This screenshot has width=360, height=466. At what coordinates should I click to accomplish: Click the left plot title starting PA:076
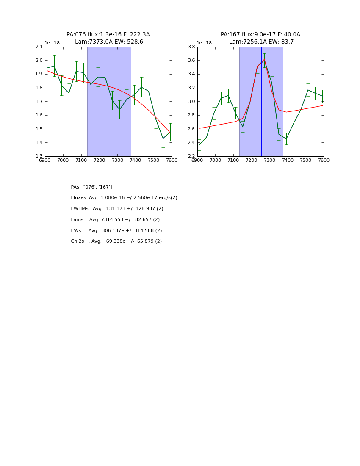108,35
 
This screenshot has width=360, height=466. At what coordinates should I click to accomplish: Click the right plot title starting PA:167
260,35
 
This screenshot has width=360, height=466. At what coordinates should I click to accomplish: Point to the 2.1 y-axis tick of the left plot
39,47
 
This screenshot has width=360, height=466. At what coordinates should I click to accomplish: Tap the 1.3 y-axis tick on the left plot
39,156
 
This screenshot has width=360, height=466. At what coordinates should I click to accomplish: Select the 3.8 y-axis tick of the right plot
191,47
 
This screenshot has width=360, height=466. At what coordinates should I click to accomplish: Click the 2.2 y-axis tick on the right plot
191,156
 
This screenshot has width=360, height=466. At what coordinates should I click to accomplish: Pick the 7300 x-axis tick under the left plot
117,161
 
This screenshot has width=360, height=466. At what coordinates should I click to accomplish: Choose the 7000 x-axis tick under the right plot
215,161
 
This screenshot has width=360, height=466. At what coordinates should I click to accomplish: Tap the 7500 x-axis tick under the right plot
306,161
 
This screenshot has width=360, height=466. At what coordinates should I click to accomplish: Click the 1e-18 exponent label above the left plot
52,43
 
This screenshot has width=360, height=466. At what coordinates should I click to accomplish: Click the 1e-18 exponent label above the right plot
204,43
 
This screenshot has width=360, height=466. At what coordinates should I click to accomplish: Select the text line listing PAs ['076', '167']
91,187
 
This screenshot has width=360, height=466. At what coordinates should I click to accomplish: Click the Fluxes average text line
124,198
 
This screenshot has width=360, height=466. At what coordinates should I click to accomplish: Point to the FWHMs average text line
117,209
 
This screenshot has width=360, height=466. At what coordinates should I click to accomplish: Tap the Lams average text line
115,220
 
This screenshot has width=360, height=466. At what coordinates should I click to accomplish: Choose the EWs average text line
116,231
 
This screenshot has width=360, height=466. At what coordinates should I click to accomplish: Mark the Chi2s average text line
116,241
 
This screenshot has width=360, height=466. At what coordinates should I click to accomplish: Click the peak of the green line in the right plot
264,60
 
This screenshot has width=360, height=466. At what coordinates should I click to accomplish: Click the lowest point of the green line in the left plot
163,138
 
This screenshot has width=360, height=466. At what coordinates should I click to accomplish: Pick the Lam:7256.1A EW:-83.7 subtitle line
261,42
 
